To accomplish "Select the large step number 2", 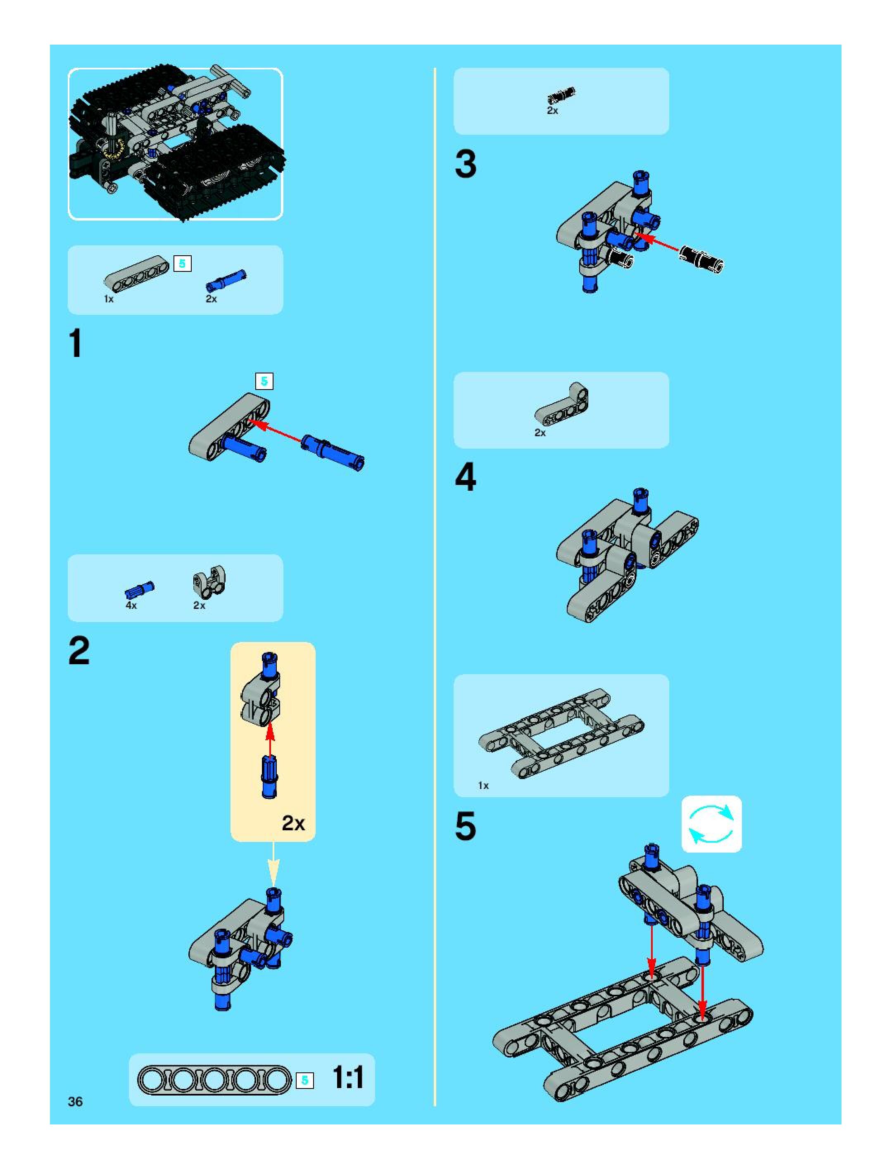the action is [79, 651].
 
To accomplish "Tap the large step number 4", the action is [466, 477].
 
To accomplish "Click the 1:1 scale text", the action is [348, 1078].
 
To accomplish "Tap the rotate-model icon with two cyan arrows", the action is [711, 824].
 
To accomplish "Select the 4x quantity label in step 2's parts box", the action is [131, 606].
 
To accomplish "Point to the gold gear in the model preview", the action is [114, 150].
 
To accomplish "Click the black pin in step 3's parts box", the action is [561, 96].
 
